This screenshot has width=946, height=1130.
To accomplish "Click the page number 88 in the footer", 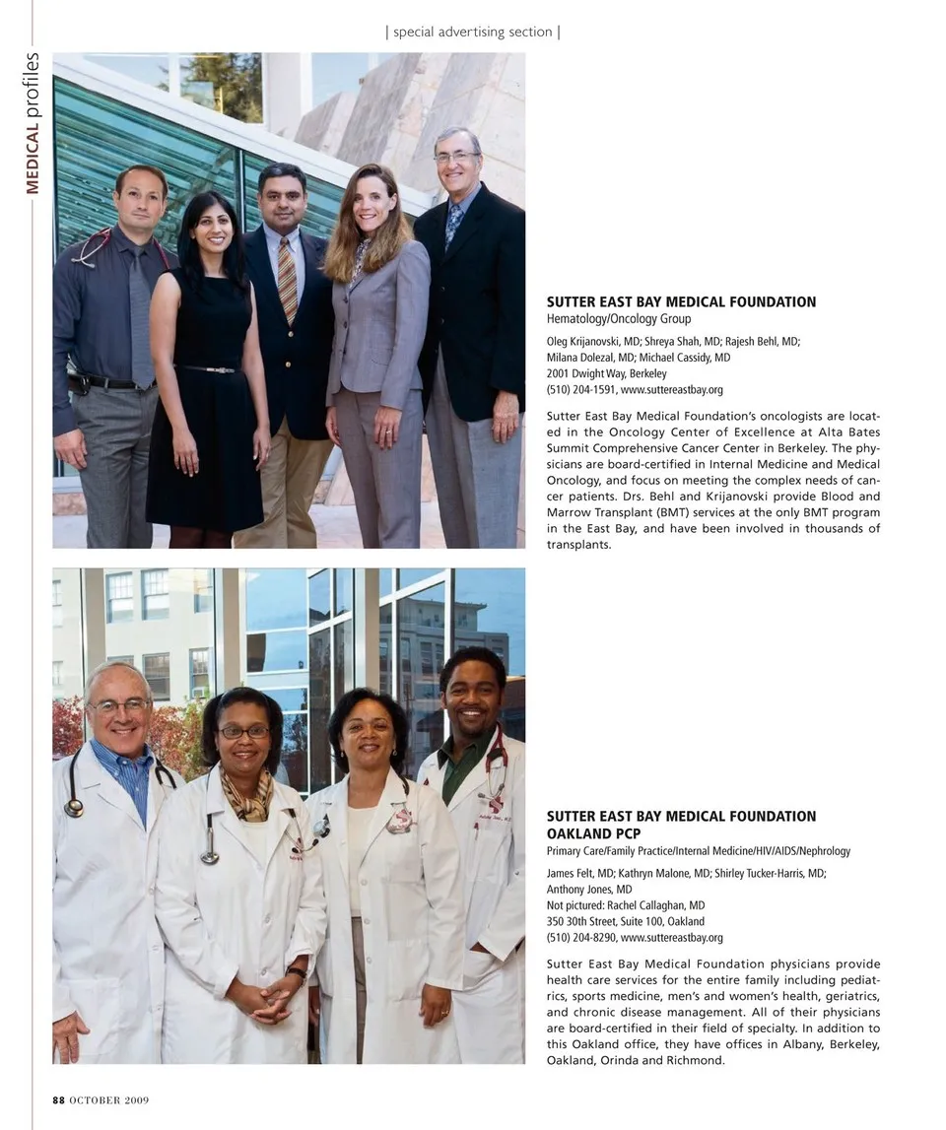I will [59, 1100].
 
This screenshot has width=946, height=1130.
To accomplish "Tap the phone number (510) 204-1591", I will [580, 389].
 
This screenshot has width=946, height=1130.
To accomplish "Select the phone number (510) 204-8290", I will [580, 937].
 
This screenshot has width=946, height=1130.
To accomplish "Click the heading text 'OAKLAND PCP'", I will [593, 833].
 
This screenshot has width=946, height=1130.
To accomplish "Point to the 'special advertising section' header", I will [473, 32].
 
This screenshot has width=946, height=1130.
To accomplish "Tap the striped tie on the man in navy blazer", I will [287, 278].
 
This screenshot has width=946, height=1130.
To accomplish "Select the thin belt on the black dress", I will [207, 369].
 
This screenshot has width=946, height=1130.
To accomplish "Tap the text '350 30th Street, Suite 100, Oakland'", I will [625, 921].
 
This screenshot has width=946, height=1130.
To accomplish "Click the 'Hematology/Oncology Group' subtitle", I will [619, 319].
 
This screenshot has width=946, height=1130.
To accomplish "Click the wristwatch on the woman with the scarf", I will [299, 973].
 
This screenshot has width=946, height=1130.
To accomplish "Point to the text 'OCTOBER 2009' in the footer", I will [108, 1100].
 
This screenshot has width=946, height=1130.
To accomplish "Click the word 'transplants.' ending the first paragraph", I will [578, 545].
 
